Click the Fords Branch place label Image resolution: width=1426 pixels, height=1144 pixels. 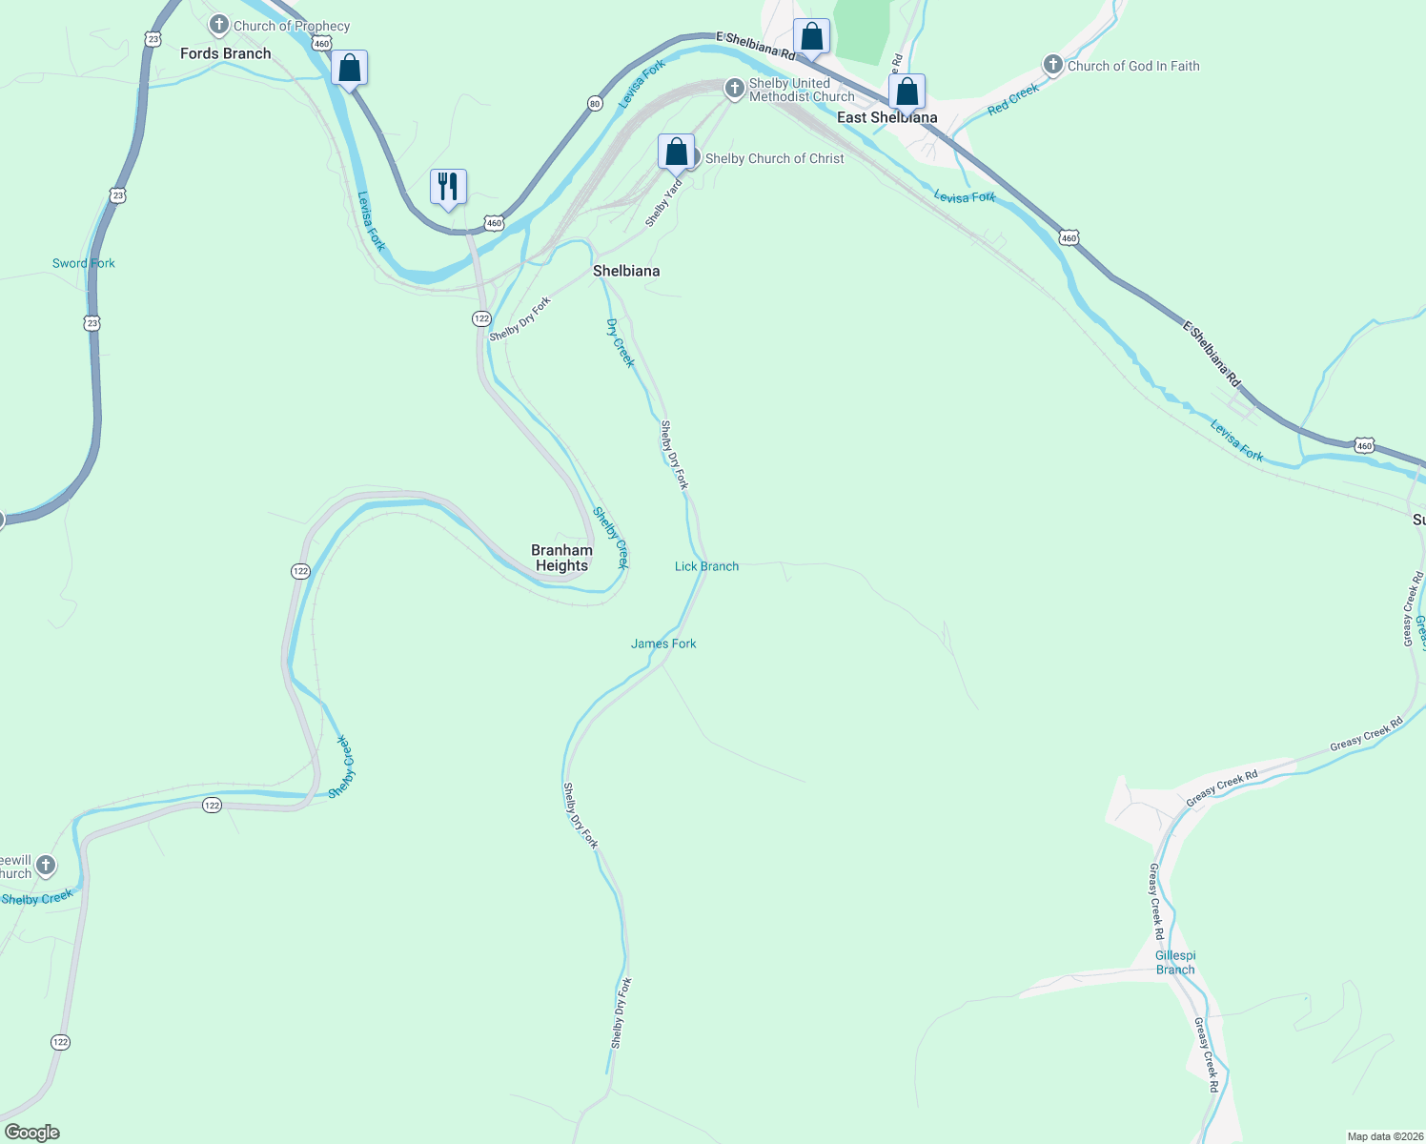coord(225,53)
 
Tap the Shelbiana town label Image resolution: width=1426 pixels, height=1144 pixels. coord(626,271)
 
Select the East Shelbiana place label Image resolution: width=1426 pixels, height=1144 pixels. coord(886,117)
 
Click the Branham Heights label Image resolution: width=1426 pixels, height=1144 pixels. coord(561,558)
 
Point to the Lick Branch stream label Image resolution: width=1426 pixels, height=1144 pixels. coord(706,566)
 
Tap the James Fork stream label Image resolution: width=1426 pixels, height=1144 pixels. coord(663,643)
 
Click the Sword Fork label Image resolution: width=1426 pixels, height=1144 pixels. coord(84,263)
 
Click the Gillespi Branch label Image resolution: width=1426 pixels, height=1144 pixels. coord(1175,962)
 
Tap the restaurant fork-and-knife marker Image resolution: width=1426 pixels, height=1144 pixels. coord(448,186)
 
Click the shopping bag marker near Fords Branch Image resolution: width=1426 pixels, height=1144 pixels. coord(350,68)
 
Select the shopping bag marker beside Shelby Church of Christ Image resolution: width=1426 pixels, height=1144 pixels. coord(676,152)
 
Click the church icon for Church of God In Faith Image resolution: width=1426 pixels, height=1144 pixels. coord(1053,65)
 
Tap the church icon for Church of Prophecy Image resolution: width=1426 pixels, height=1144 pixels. coord(219,25)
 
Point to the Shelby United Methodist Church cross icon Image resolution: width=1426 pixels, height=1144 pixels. coord(734,89)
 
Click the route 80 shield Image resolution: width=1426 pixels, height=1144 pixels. coord(595,104)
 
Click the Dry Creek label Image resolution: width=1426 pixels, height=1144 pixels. coord(620,342)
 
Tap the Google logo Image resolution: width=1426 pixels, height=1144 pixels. coord(31,1133)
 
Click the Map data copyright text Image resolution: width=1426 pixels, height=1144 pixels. coord(1384,1136)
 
